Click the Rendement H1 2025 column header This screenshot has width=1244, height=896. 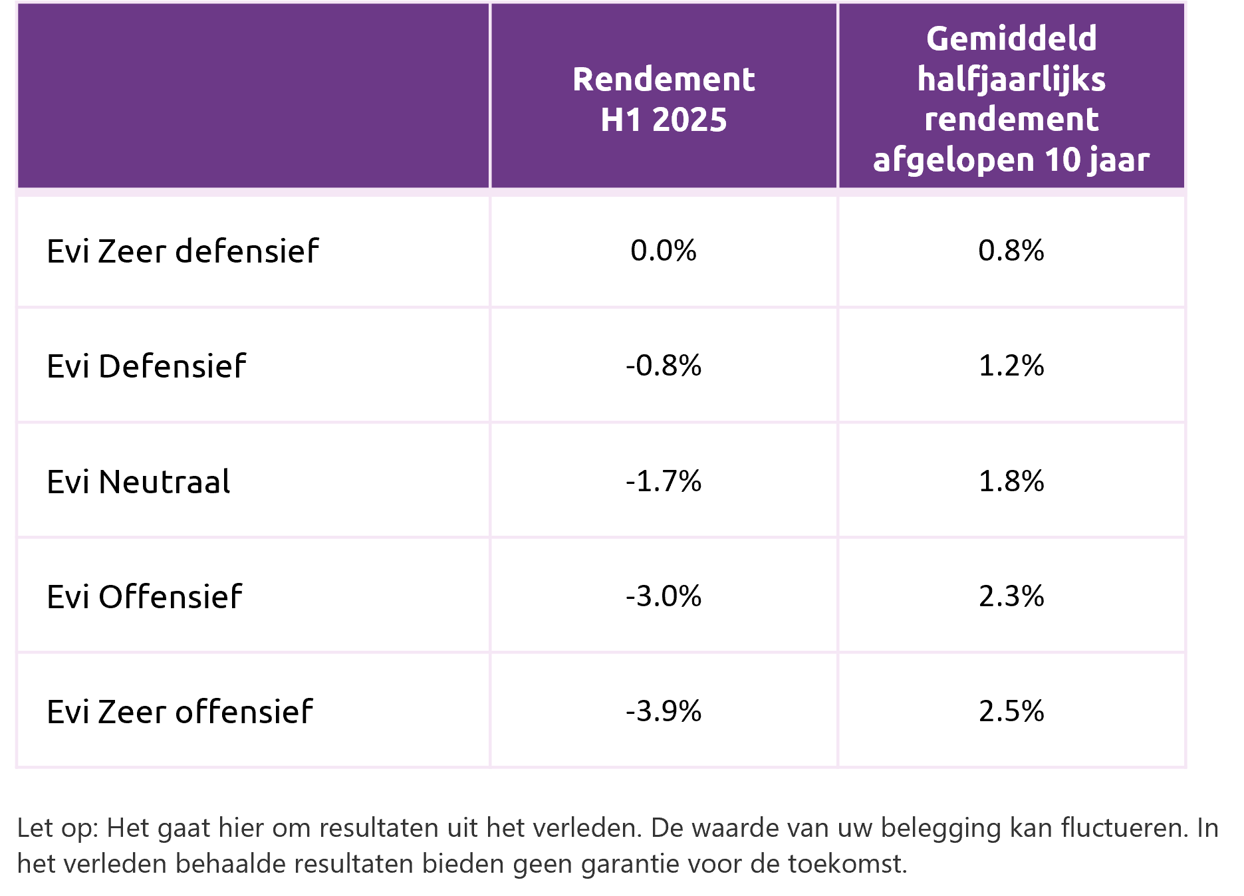pos(664,99)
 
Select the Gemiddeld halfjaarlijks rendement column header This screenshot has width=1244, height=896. pos(1011,99)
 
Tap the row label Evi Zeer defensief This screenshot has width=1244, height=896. pos(183,251)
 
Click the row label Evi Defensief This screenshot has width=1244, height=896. pos(146,366)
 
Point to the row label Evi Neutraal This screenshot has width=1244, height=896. pos(138,481)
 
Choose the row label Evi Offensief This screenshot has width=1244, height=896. pos(144,596)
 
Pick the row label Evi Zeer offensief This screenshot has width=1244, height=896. pos(180,711)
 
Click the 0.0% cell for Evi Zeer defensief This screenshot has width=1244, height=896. pos(664,251)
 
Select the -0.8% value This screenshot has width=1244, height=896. pos(664,366)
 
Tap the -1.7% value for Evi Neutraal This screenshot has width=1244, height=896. pos(664,481)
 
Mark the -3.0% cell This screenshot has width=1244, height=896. pos(664,596)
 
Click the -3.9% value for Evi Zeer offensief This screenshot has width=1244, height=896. pos(664,711)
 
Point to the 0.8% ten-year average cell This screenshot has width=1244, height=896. pos(1011,251)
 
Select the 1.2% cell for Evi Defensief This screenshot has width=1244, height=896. pos(1011,366)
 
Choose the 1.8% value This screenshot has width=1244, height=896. pos(1011,481)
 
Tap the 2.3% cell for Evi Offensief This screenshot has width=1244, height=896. pos(1011,596)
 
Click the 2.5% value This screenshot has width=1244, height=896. pos(1011,711)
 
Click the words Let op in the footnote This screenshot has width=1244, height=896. pos(57,829)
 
